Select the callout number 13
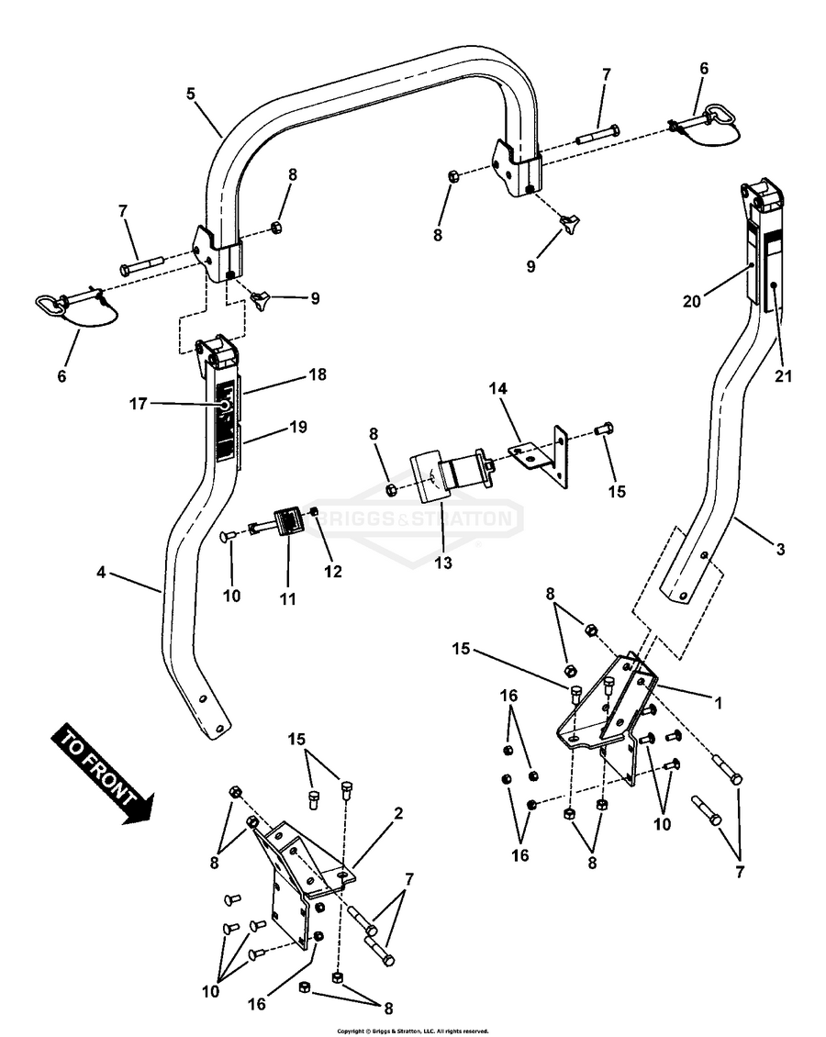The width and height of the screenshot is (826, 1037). [x=443, y=563]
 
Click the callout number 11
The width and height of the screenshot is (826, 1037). [x=288, y=598]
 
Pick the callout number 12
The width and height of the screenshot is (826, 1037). [x=332, y=571]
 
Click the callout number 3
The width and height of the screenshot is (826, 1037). [x=780, y=550]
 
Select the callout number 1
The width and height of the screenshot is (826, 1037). [x=719, y=704]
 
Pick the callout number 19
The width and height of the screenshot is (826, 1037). [x=297, y=427]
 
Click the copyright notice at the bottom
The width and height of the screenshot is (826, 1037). [x=412, y=1031]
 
